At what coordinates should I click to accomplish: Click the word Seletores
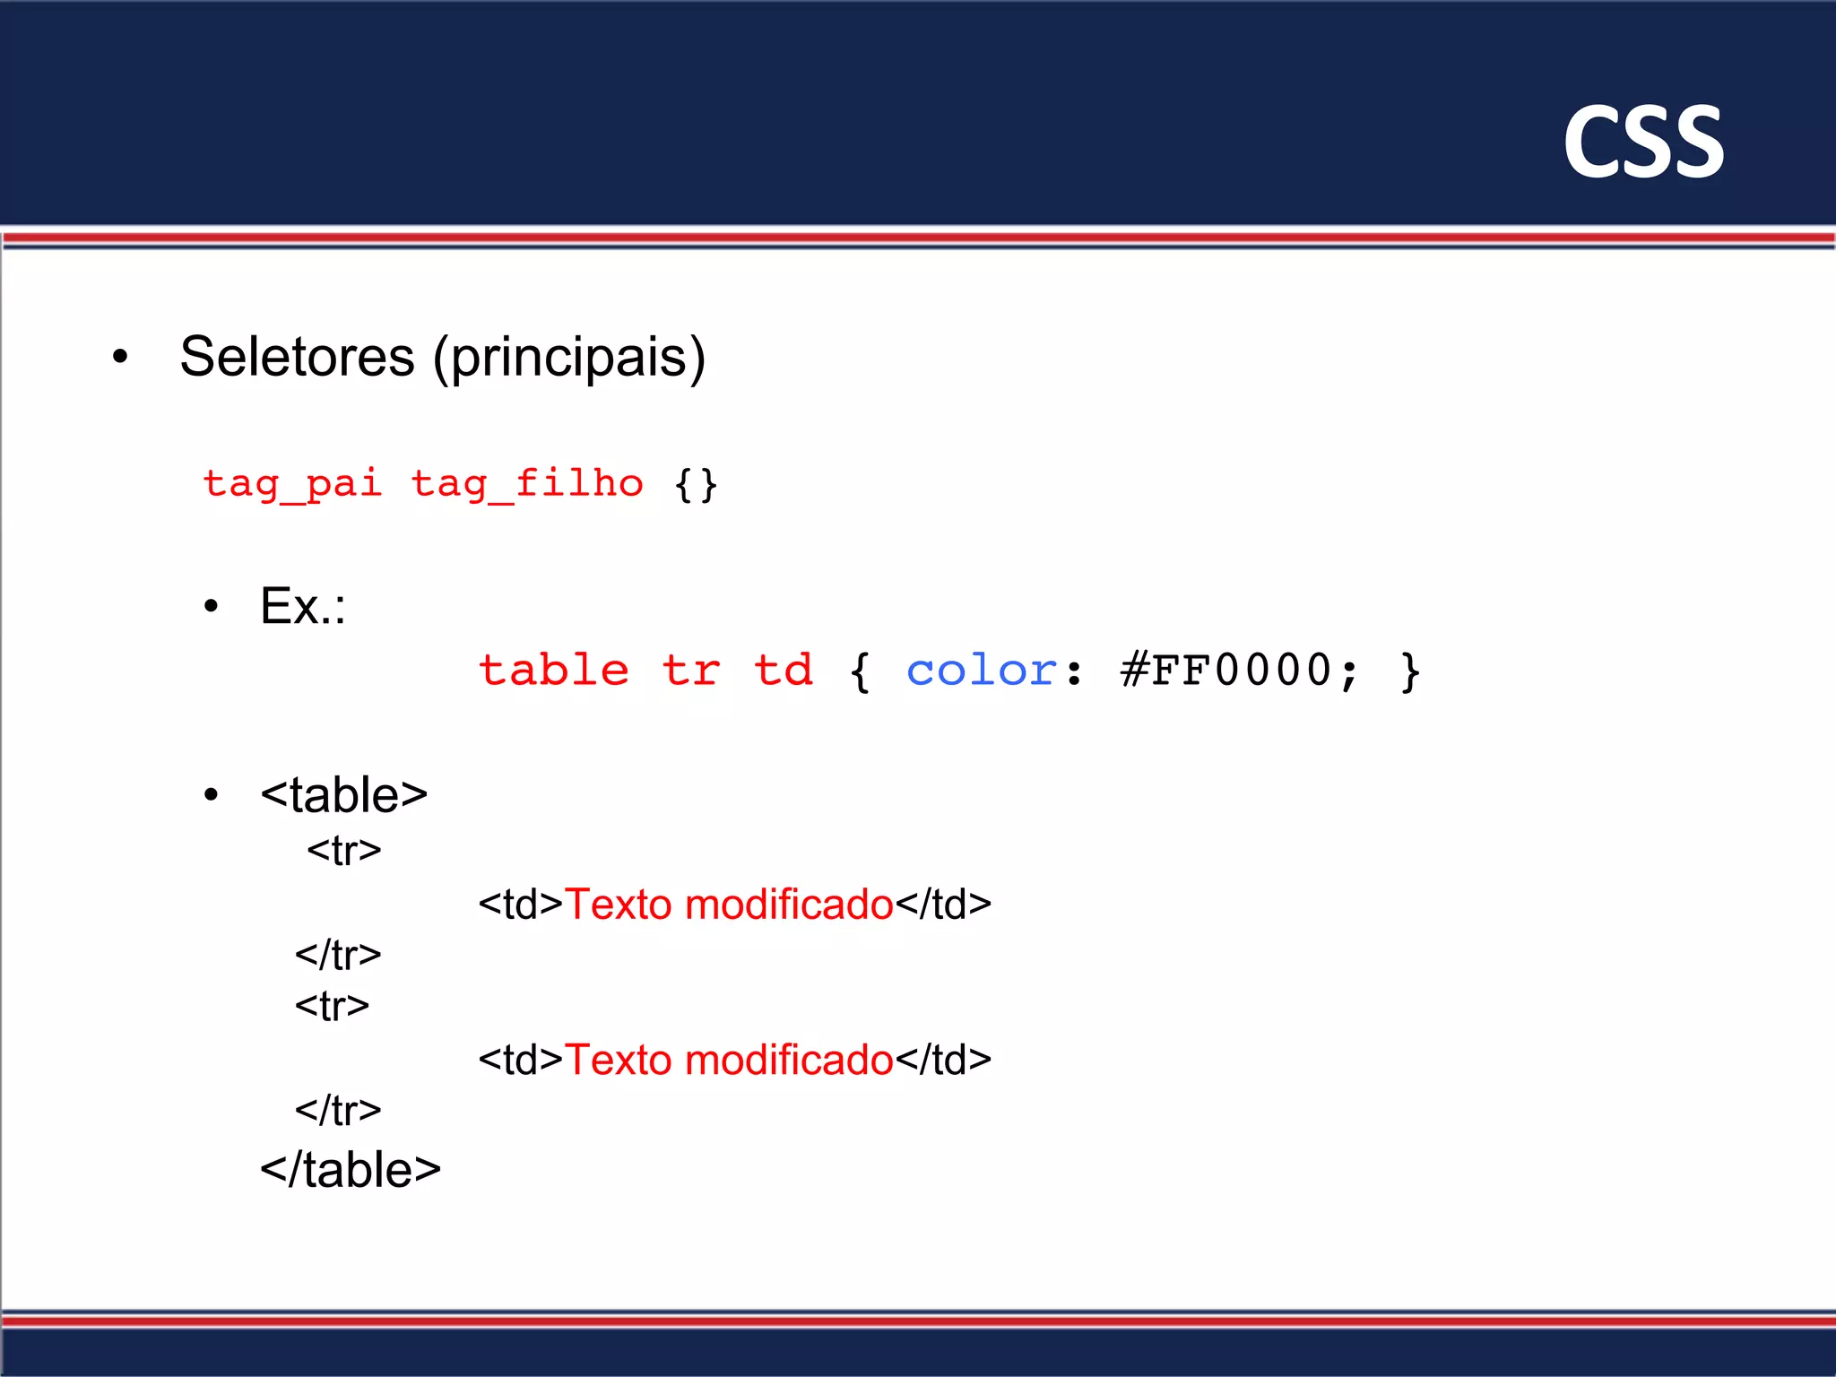[297, 357]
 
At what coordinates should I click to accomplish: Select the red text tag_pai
[292, 485]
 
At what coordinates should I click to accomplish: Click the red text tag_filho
[527, 485]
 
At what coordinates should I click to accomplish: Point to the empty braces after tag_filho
[697, 485]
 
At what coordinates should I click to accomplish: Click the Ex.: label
[302, 606]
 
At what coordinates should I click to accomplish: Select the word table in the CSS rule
[554, 671]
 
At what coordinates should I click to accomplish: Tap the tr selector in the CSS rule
[691, 671]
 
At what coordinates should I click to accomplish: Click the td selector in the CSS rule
[784, 671]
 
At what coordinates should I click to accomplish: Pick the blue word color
[982, 671]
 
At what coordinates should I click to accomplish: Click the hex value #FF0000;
[1240, 671]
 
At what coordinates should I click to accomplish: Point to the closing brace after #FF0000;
[1410, 671]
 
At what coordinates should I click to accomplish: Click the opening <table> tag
[343, 795]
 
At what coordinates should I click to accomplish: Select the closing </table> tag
[351, 1170]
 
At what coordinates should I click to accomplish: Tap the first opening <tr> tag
[343, 850]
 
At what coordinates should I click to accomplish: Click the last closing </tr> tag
[338, 1111]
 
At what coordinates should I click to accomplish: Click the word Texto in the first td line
[619, 904]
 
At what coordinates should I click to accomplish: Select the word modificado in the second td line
[789, 1060]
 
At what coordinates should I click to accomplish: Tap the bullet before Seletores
[121, 358]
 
